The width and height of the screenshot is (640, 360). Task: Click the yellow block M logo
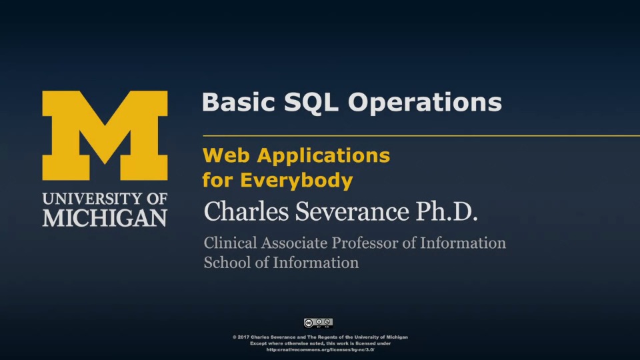105,135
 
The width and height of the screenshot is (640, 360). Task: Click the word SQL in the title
311,103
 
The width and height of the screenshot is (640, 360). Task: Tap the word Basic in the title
239,102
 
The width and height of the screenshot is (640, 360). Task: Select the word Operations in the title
425,103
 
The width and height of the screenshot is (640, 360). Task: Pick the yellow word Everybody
296,181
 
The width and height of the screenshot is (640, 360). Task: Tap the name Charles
246,211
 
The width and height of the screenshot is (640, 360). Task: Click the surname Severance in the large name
352,211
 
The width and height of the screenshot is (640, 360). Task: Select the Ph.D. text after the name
447,211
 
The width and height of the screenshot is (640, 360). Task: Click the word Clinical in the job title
231,243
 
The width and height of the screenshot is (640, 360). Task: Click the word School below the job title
228,263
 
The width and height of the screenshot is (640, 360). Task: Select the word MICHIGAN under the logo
105,218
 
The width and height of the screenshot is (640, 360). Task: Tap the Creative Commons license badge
319,323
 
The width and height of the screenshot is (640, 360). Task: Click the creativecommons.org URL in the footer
321,350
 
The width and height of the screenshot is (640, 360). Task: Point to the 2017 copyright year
244,337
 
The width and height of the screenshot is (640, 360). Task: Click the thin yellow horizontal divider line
421,135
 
